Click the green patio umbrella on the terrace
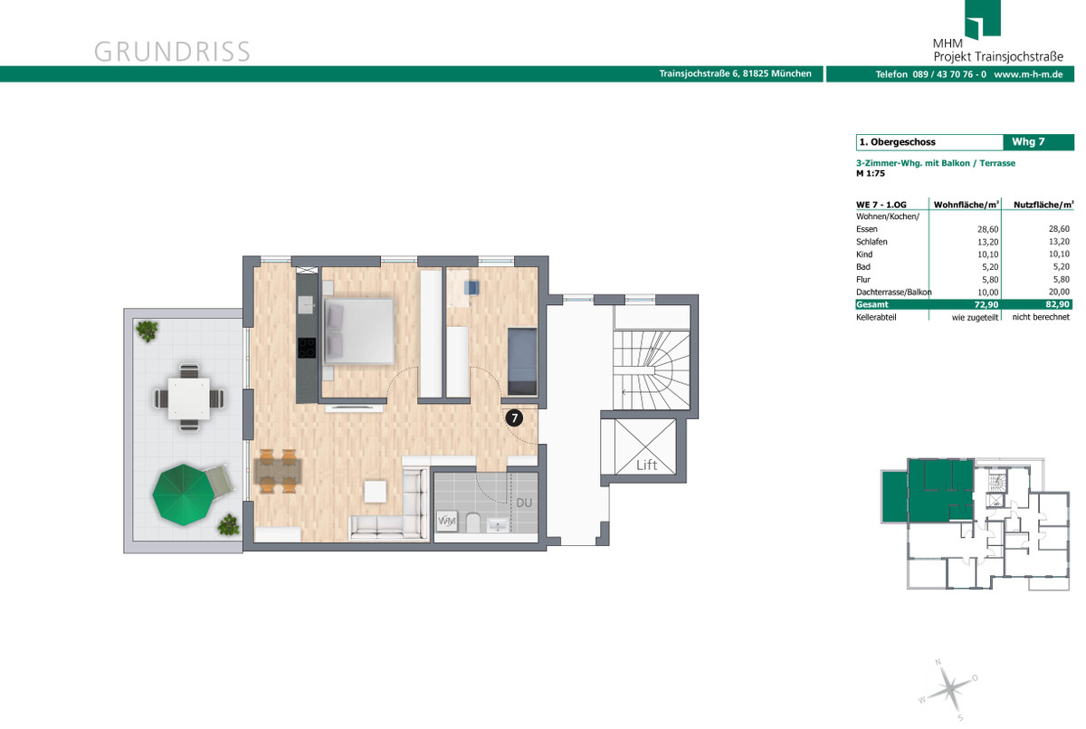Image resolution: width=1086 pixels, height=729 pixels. pos(183,494)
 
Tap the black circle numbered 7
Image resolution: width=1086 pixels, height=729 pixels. pos(514,417)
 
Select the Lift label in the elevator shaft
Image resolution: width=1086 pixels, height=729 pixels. pos(646,465)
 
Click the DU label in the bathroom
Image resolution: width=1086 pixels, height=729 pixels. pos(524,503)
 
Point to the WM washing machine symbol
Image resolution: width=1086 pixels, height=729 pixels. pos(446,522)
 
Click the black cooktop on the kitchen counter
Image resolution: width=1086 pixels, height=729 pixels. pos(307,348)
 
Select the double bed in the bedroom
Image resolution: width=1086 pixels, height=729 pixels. pos(358,331)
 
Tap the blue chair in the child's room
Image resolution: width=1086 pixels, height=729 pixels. pos(471,288)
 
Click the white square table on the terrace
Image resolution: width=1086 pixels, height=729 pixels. pos(188,398)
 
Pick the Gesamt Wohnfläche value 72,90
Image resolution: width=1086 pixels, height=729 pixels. pos(986,304)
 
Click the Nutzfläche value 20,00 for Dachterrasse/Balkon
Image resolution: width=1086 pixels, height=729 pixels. pos(1058,292)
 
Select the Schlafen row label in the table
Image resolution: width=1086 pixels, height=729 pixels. pos(872,242)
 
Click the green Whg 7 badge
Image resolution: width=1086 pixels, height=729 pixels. pos(1039,142)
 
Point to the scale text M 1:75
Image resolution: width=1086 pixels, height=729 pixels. pos(871,173)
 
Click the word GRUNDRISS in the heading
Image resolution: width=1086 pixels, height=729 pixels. pos(172,52)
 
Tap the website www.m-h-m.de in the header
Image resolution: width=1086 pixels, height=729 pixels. pos(1028,74)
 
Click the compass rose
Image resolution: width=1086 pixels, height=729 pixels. pos(948,688)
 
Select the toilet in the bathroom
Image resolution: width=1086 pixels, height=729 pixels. pos(472,523)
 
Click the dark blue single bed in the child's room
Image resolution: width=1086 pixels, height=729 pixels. pos(522,362)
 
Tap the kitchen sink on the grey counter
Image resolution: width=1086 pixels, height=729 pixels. pos(307,304)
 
